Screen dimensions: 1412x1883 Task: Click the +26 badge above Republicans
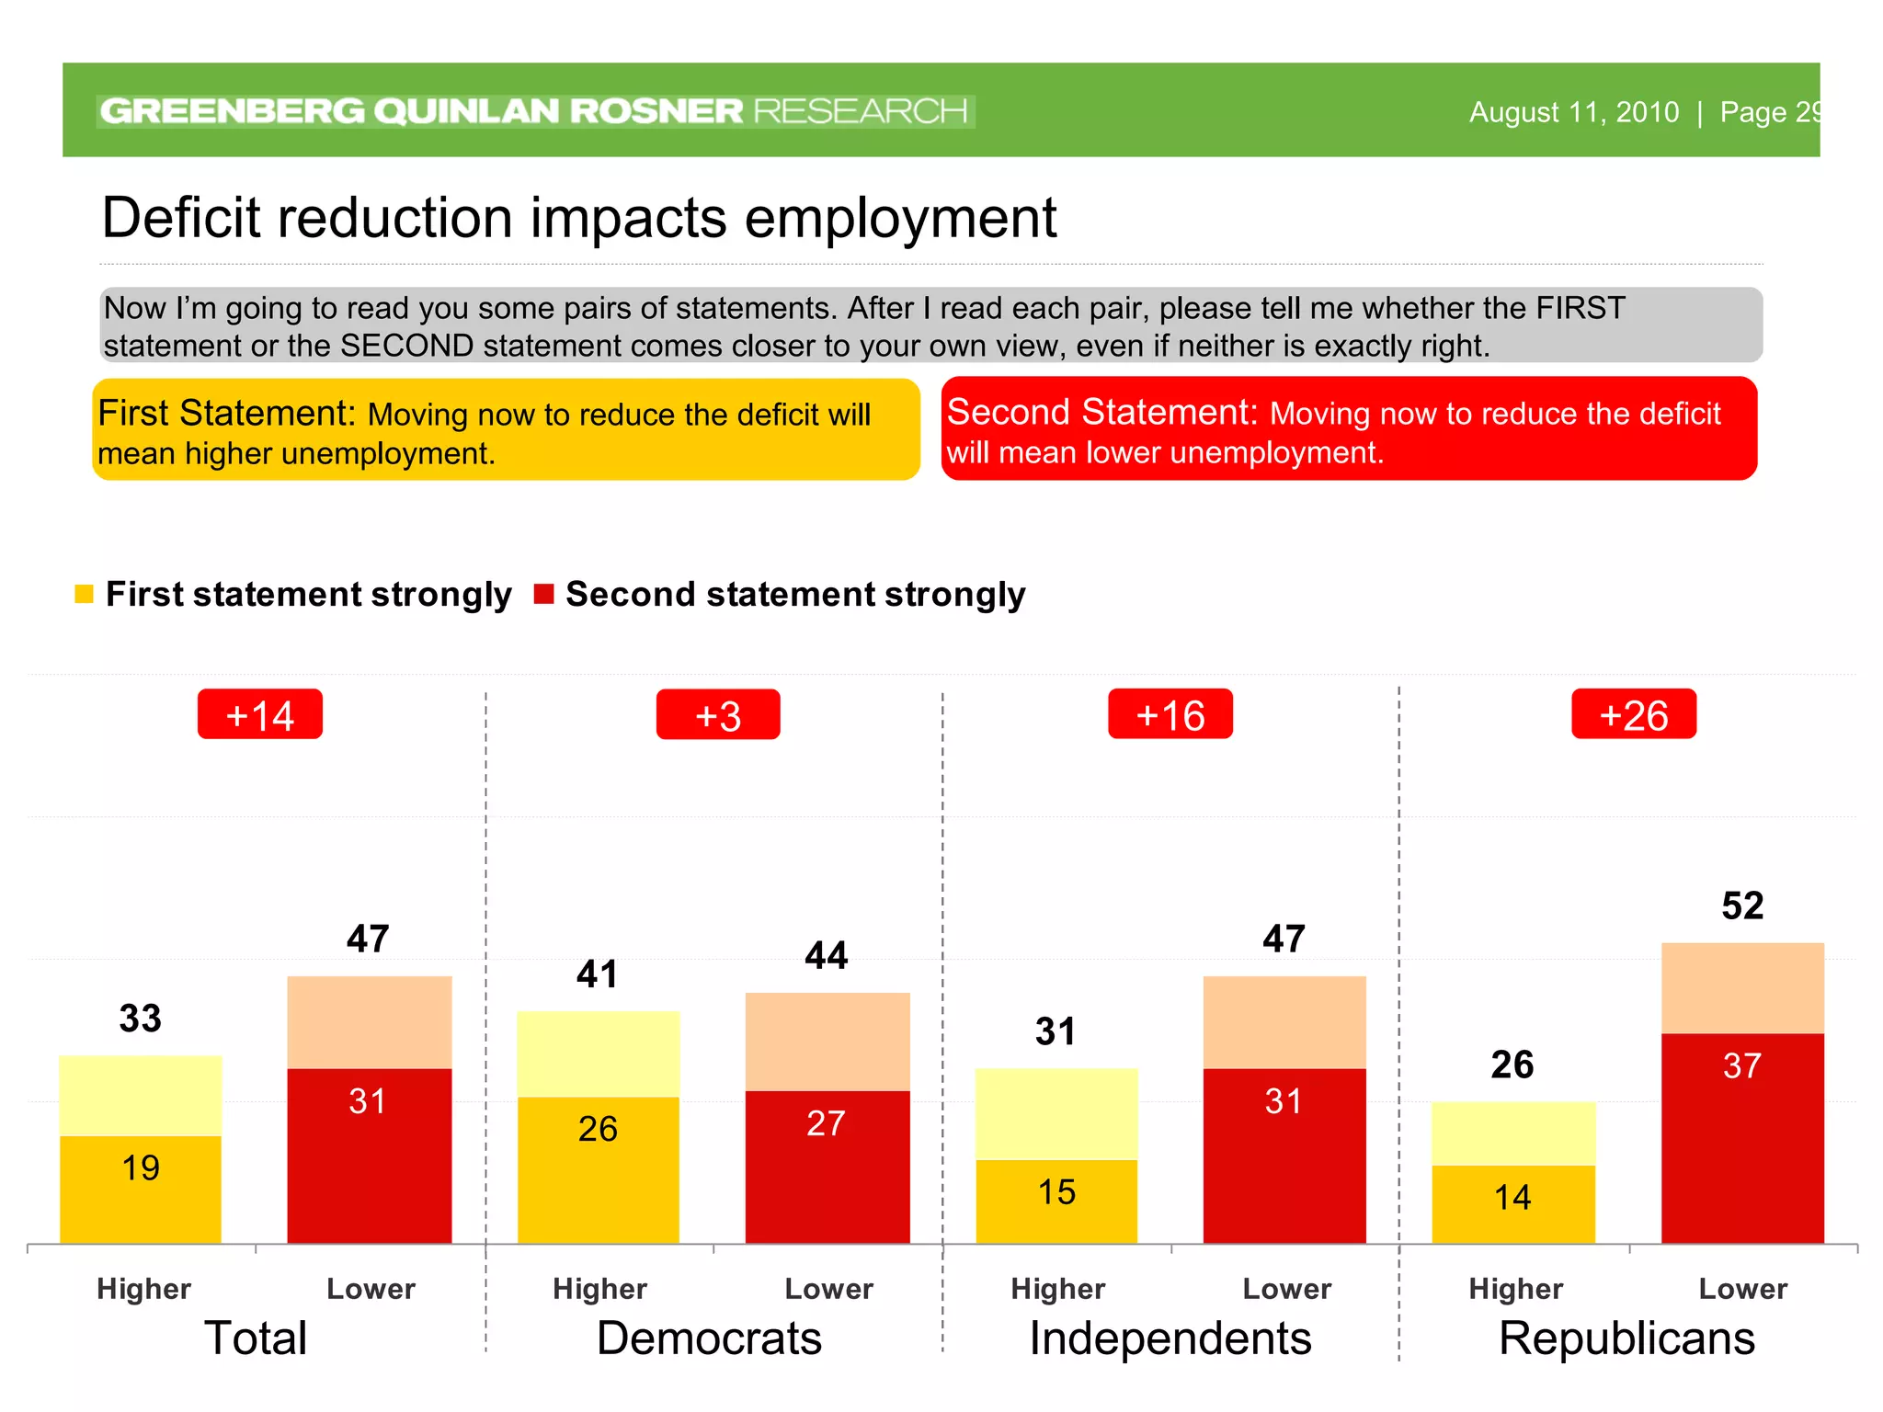1633,714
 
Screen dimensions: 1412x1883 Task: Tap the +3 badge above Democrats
718,715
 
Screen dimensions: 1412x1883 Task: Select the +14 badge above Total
260,714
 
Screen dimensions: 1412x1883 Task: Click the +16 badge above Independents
1170,714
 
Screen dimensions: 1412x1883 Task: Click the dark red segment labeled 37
1741,1138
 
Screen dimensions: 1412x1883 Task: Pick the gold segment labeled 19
141,1188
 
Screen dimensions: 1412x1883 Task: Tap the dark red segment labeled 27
827,1166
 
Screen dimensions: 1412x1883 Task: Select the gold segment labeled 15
1056,1201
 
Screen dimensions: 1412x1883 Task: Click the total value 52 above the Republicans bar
1741,906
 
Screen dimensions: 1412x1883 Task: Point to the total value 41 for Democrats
598,974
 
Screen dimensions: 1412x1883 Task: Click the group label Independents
1170,1338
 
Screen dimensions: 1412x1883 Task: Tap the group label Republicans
1626,1338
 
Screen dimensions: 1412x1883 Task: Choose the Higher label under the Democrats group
599,1289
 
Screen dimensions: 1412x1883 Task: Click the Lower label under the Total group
371,1289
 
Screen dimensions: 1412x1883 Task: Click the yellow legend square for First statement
84,595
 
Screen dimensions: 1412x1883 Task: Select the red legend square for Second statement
543,595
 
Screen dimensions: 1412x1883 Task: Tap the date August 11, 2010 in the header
1573,112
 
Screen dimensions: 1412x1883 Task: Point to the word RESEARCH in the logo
861,111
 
